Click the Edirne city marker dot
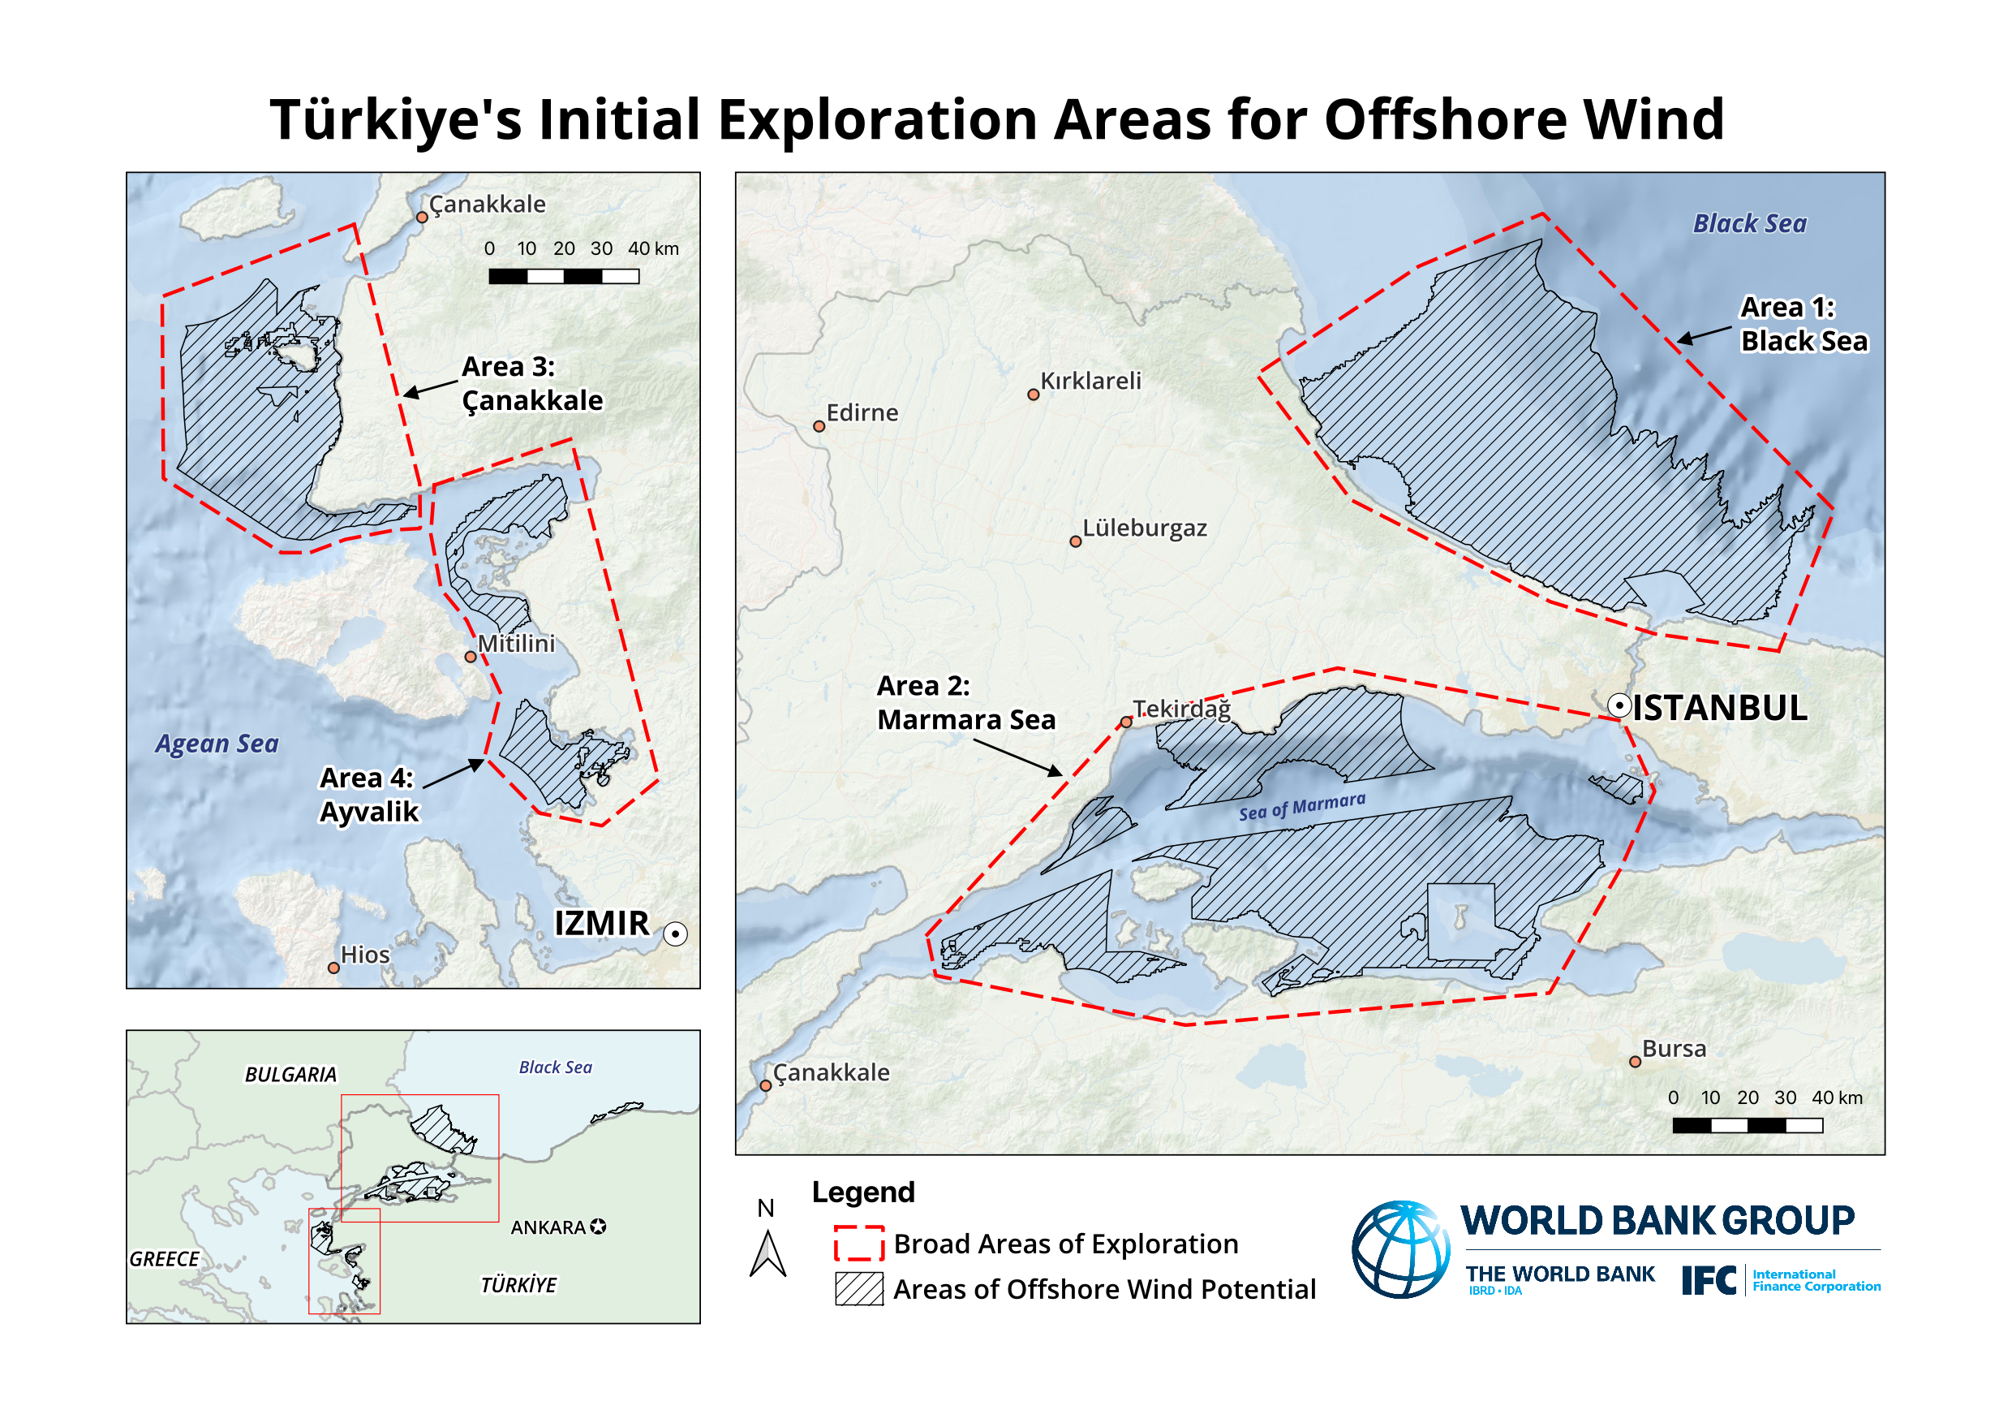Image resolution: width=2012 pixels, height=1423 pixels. [819, 426]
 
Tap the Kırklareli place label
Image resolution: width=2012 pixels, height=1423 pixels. [1090, 381]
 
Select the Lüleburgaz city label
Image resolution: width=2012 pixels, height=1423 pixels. [1145, 528]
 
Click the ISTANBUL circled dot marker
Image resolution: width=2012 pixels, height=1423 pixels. [1619, 705]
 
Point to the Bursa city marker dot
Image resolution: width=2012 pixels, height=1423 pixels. [1634, 1061]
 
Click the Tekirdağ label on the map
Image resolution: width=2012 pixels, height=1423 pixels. [1181, 709]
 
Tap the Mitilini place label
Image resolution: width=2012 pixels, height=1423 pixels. [516, 644]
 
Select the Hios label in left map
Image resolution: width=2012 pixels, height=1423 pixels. [364, 954]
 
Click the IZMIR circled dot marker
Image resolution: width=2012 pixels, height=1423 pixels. [675, 934]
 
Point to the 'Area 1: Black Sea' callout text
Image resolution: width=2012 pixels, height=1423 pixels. [1803, 325]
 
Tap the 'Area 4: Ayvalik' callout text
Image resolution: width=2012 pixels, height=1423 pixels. [368, 795]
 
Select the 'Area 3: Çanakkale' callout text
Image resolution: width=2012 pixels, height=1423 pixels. [532, 383]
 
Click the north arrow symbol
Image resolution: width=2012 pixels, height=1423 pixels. [767, 1254]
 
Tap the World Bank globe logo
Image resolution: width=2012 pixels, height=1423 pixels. [1399, 1248]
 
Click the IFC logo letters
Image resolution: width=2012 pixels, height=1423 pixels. [1708, 1280]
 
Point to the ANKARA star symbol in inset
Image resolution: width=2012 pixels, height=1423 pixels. [598, 1227]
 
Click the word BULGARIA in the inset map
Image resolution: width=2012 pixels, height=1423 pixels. [290, 1074]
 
